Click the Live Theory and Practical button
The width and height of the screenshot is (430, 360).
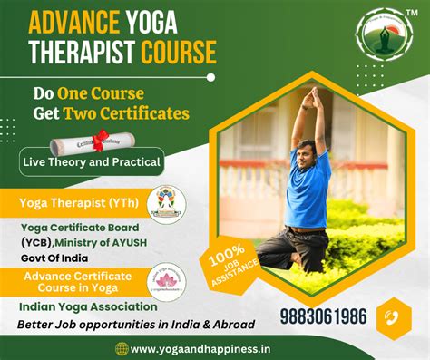(x=92, y=163)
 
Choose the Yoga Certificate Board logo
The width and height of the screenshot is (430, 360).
(x=165, y=203)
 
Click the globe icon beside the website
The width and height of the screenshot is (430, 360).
(x=122, y=348)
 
